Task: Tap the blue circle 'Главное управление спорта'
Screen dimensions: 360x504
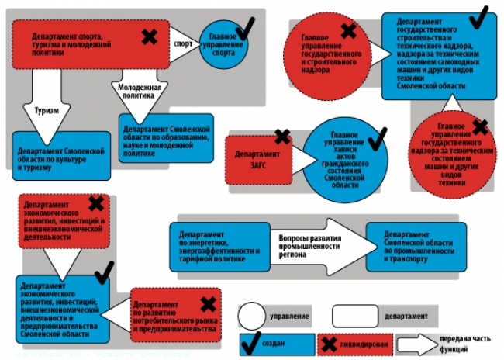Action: [x=224, y=48]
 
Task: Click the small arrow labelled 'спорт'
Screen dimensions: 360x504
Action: [x=184, y=45]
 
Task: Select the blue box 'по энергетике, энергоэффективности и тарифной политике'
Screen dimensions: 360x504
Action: [x=218, y=246]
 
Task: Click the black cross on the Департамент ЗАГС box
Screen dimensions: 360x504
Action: [x=282, y=137]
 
